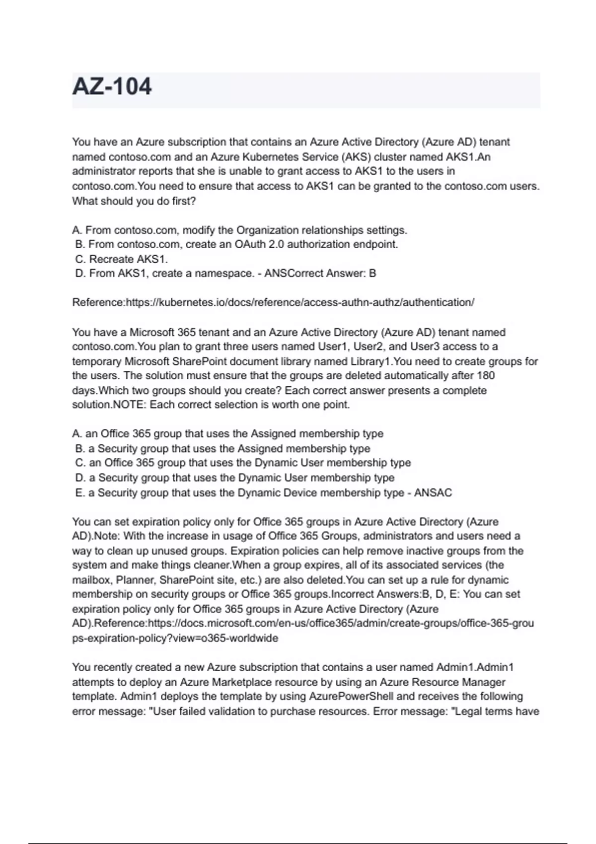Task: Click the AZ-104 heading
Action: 112,87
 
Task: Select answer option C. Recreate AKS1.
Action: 122,259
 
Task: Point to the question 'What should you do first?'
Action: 134,201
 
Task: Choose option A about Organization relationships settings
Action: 240,230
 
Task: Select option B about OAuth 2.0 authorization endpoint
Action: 236,244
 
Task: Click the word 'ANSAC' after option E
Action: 433,493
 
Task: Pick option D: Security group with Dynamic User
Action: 234,478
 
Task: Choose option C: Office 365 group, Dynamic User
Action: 243,463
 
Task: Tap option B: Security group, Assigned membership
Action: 223,449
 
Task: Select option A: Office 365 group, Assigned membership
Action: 228,434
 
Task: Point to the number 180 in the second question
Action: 485,376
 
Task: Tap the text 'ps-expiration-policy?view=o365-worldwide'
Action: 175,638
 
